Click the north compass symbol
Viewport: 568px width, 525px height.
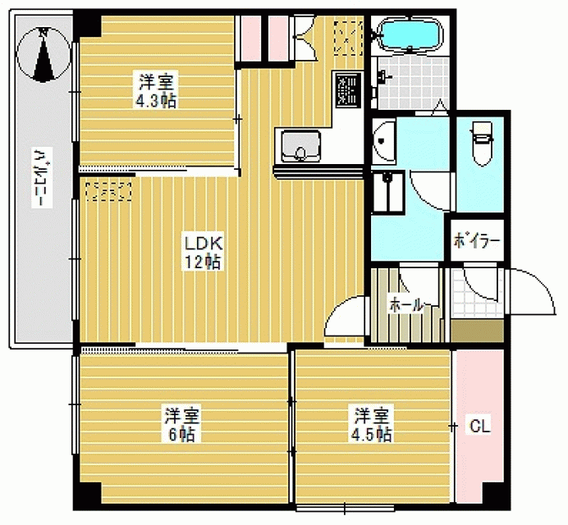pyautogui.click(x=44, y=55)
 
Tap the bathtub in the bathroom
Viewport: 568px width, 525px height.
pyautogui.click(x=410, y=34)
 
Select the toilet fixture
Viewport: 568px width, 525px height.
pyautogui.click(x=482, y=144)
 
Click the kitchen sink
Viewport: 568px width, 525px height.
pyautogui.click(x=300, y=146)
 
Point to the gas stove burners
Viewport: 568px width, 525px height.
pyautogui.click(x=348, y=89)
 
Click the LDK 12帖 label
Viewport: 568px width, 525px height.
pyautogui.click(x=203, y=252)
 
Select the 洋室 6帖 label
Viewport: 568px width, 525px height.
pyautogui.click(x=182, y=425)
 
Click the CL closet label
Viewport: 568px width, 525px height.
pyautogui.click(x=479, y=426)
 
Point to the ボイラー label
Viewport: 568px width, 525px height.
pyautogui.click(x=477, y=240)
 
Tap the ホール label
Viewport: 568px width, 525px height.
pyautogui.click(x=405, y=306)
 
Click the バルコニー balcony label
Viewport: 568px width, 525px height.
pyautogui.click(x=42, y=177)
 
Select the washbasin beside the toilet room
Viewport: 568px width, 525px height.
pyautogui.click(x=384, y=142)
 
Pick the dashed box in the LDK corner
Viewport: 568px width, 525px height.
pyautogui.click(x=108, y=191)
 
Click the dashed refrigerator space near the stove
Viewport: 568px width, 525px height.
pyautogui.click(x=348, y=38)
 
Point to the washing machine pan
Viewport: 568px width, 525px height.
pyautogui.click(x=388, y=192)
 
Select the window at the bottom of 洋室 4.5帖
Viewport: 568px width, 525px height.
pyautogui.click(x=345, y=508)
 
